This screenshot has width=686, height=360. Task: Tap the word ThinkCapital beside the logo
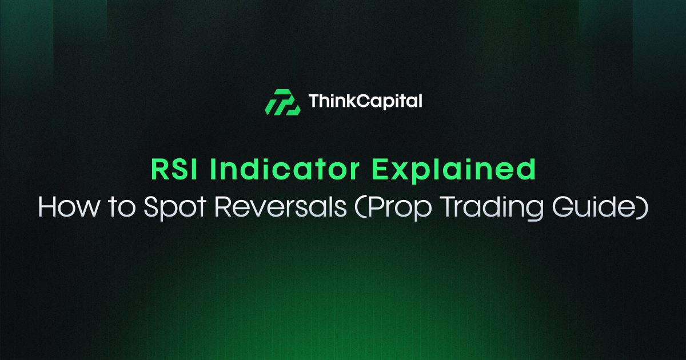pos(365,102)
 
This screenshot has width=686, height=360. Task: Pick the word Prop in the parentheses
pos(389,208)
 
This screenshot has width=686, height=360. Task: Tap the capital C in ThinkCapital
pos(361,102)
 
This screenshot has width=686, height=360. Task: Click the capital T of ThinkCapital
pos(313,102)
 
